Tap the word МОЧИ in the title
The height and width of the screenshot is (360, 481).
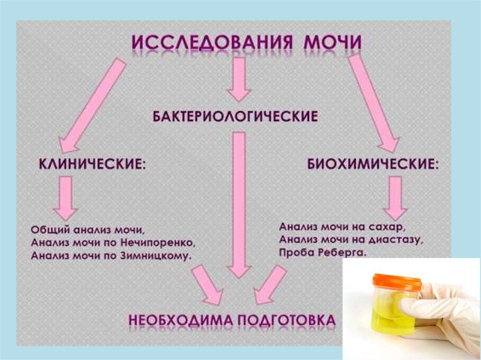coord(334,44)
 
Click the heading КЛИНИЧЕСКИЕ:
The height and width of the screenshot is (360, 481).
coord(91,166)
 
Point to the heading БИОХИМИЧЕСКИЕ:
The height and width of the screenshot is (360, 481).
coord(374,166)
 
